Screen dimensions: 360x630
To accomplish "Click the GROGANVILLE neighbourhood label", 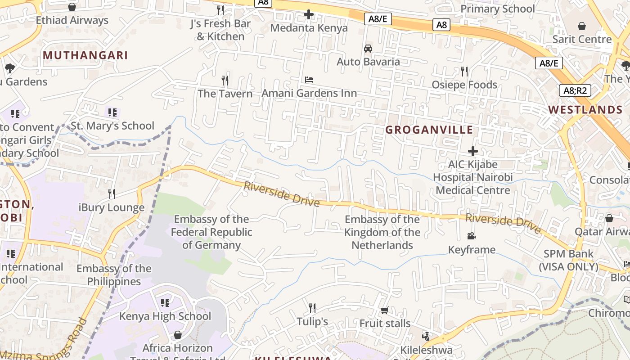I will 429,130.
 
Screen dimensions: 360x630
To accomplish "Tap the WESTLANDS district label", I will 585,110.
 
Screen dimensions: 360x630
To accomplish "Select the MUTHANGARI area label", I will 85,55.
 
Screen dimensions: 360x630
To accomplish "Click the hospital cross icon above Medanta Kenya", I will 309,15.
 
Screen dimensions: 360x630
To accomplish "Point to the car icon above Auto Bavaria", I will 368,49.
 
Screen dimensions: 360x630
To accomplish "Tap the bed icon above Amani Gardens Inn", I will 309,80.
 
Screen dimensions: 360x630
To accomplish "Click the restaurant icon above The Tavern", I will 225,81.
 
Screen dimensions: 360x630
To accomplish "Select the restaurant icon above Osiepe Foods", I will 464,72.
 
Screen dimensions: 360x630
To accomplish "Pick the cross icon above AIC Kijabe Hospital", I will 473,151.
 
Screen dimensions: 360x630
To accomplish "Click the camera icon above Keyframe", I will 472,236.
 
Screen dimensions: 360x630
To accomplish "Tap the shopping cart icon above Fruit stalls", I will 385,310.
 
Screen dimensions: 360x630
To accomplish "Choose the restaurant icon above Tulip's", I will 312,308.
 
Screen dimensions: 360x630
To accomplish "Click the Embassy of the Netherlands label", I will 382,232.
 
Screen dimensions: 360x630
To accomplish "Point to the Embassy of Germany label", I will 211,232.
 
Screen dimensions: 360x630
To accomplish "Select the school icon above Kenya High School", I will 165,303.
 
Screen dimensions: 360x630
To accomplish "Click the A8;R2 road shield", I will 575,90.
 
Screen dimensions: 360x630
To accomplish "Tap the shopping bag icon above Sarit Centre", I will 582,26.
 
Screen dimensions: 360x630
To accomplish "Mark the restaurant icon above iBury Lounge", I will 112,194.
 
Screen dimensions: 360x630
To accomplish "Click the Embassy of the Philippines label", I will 114,275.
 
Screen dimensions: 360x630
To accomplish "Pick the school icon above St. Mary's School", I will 112,112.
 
